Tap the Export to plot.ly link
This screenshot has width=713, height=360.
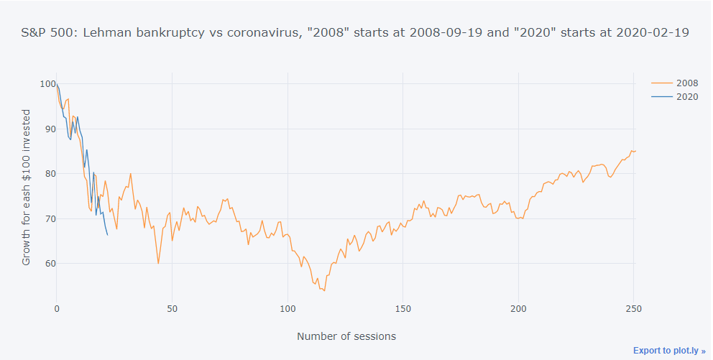coord(669,351)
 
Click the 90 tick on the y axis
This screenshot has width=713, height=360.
coord(49,129)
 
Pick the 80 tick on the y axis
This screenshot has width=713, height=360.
coord(49,173)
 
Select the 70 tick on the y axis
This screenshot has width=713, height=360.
coord(49,218)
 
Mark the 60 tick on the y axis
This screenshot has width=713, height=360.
coord(49,263)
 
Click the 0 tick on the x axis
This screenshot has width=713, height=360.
coord(57,308)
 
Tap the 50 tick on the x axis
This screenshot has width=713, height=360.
coord(172,308)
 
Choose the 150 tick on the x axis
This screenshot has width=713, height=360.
coord(402,308)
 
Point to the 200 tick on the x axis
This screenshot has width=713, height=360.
coord(517,308)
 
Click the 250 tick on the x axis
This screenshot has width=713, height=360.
coord(633,308)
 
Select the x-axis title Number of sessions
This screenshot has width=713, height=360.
coord(346,336)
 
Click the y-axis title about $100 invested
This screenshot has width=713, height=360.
coord(27,188)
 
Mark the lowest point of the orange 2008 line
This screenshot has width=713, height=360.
coord(325,290)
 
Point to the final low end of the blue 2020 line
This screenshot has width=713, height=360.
coord(108,235)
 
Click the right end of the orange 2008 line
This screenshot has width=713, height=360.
coord(636,151)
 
